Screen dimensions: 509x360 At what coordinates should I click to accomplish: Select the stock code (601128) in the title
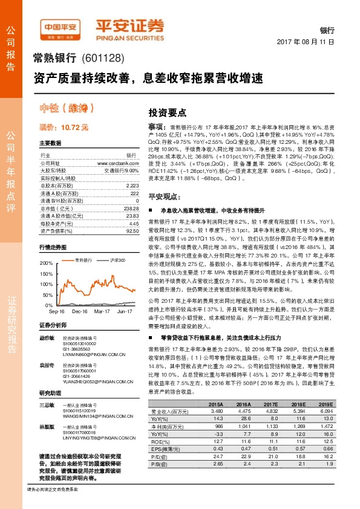pos(103,59)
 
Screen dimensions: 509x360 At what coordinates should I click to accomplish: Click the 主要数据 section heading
pos(50,143)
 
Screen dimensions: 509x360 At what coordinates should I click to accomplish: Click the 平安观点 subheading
pos(163,197)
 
